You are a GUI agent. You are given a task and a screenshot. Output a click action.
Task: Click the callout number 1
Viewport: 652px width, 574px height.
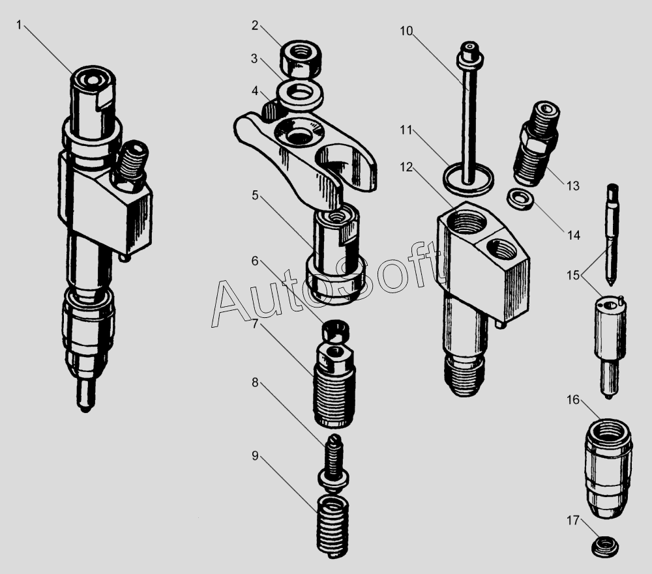coord(19,25)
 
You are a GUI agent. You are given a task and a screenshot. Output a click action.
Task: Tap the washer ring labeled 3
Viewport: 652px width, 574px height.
coord(299,94)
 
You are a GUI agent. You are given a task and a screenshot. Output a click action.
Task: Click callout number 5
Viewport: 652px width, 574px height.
coord(255,195)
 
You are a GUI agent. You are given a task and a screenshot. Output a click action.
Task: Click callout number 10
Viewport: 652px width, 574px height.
coord(407,31)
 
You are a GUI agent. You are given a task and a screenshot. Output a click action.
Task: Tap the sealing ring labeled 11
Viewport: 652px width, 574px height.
coord(469,179)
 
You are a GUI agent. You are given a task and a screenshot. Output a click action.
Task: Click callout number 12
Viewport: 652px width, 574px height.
coord(407,167)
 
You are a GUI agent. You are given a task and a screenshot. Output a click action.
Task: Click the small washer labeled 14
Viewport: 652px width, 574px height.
coord(520,199)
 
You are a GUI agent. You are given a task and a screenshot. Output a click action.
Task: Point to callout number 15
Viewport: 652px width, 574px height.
coord(573,275)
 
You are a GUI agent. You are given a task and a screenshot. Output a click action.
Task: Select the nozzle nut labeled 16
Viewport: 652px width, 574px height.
coord(608,468)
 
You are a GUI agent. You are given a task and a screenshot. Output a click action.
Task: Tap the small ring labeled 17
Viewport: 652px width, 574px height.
coord(604,546)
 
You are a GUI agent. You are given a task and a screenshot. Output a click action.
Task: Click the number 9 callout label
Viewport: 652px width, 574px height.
coord(255,456)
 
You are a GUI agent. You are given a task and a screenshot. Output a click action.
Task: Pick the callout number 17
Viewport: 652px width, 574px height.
coord(573,521)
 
